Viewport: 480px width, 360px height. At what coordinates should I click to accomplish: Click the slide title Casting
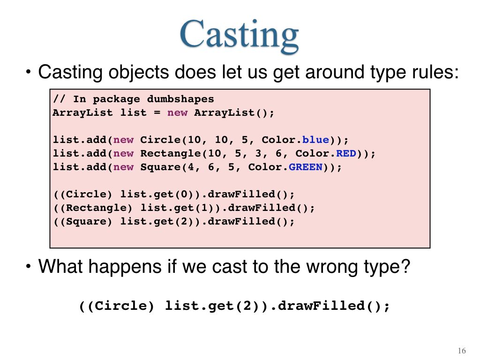pyautogui.click(x=239, y=34)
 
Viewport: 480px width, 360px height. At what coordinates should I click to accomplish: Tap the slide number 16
pyautogui.click(x=462, y=351)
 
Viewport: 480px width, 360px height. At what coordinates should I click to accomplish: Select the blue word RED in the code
pyautogui.click(x=346, y=153)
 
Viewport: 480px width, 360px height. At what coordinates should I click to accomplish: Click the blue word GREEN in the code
pyautogui.click(x=306, y=167)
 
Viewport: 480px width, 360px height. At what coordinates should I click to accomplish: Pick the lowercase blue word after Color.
pyautogui.click(x=315, y=140)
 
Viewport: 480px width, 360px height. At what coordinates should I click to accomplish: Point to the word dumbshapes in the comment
pyautogui.click(x=180, y=99)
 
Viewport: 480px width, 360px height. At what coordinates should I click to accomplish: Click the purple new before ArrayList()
pyautogui.click(x=177, y=112)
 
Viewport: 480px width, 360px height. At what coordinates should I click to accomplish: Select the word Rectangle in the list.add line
pyautogui.click(x=170, y=153)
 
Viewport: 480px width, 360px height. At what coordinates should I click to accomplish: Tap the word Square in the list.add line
pyautogui.click(x=160, y=167)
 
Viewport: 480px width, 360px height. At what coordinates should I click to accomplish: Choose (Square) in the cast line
pyautogui.click(x=86, y=221)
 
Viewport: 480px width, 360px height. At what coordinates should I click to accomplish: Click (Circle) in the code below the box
pyautogui.click(x=120, y=306)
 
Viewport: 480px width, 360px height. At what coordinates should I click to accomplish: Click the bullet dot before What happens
pyautogui.click(x=29, y=266)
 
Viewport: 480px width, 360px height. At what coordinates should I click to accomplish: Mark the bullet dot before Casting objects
pyautogui.click(x=29, y=72)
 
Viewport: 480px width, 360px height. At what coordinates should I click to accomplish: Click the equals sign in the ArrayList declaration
pyautogui.click(x=157, y=113)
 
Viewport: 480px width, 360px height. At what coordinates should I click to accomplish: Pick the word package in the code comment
pyautogui.click(x=116, y=99)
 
